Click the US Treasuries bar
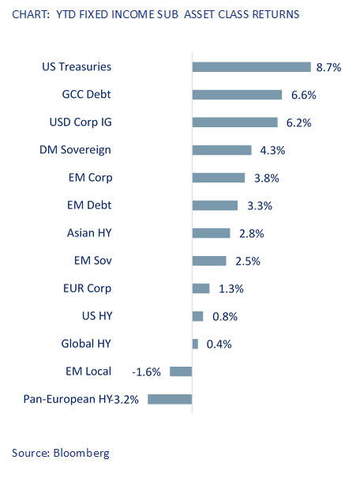click(x=251, y=67)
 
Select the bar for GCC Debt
click(x=237, y=95)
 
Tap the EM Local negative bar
click(x=181, y=371)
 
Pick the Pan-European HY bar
click(x=170, y=399)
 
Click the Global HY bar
click(x=195, y=344)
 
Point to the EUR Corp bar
click(x=201, y=288)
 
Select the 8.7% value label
click(x=328, y=67)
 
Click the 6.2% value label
click(x=298, y=122)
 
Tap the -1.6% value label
click(x=146, y=371)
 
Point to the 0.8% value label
click(x=225, y=316)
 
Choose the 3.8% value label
click(x=267, y=179)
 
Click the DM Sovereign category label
click(x=75, y=150)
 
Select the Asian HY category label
click(x=89, y=233)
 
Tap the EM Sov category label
click(x=93, y=260)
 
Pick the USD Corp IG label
click(x=81, y=122)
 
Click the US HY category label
click(x=97, y=316)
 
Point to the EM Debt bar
click(x=215, y=205)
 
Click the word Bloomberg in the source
click(x=81, y=453)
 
